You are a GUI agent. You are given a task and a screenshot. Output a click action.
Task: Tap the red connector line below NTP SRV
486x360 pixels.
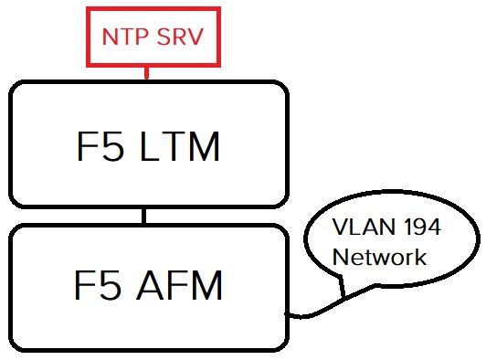(x=146, y=73)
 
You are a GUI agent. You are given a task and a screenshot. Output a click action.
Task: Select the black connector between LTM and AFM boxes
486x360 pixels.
(x=144, y=217)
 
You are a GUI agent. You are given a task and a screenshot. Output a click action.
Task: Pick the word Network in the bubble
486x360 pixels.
(x=379, y=258)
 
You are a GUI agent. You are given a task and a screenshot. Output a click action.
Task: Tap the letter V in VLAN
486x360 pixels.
(x=339, y=228)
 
